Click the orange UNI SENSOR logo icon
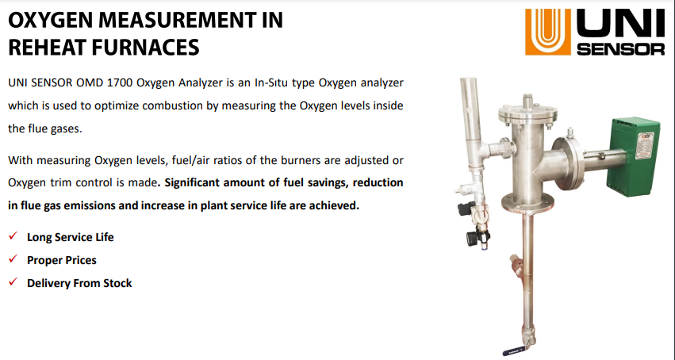coord(547,32)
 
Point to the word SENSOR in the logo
coord(620,48)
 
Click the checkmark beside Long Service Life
coord(13,236)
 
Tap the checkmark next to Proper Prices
coord(13,259)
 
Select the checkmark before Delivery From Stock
coord(13,281)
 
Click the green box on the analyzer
coord(633,156)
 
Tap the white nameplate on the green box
coord(645,146)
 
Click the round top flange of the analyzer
coord(527,113)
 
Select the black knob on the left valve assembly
coord(472,237)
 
